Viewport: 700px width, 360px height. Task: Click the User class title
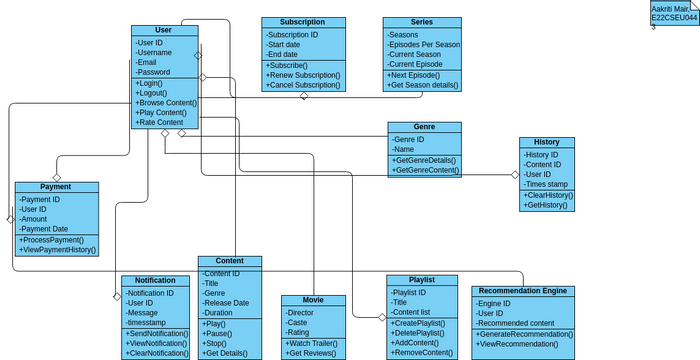(x=164, y=30)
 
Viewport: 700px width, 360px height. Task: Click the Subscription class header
(x=302, y=22)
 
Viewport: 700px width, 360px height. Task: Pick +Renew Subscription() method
(x=304, y=75)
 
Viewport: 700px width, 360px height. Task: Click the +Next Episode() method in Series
(x=414, y=75)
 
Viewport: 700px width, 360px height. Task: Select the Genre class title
(x=424, y=127)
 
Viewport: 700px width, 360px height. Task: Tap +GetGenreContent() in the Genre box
(x=425, y=171)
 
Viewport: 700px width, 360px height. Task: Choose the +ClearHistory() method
(x=548, y=195)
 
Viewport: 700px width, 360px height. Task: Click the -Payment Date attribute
(x=45, y=229)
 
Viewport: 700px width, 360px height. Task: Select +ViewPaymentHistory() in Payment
(x=57, y=250)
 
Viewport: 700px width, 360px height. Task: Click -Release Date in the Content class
(x=226, y=303)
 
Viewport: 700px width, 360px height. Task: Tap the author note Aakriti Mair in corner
(x=672, y=12)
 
